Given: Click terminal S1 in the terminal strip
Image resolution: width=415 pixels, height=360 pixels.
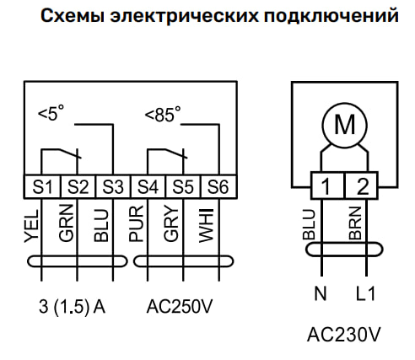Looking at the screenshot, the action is (x=42, y=187).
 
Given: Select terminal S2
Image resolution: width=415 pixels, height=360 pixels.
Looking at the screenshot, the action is (x=78, y=187).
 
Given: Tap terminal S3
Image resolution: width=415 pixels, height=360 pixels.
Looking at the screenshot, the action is (x=113, y=187).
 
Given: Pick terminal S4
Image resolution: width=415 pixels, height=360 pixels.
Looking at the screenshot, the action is (x=148, y=187).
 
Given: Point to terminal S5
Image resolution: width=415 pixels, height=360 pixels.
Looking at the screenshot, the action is (x=183, y=187).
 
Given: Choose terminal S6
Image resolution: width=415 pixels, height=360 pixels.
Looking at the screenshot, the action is (x=218, y=187).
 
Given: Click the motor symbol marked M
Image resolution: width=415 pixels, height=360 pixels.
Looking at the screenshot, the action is (x=344, y=125).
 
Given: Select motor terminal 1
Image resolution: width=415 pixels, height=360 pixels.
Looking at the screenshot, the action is (x=327, y=185).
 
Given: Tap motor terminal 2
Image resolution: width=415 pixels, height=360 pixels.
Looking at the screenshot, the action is (x=361, y=185).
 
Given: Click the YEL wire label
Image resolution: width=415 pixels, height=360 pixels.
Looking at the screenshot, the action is (x=31, y=226).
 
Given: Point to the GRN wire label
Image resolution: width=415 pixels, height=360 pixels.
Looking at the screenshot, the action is (x=67, y=223).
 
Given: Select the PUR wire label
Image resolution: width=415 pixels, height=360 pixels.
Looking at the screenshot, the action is (x=136, y=223).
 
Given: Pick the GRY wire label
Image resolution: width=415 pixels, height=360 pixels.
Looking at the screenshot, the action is (x=171, y=223).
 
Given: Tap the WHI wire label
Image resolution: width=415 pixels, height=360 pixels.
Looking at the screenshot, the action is (x=206, y=226).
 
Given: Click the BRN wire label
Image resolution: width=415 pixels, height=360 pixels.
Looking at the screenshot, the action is (x=355, y=223).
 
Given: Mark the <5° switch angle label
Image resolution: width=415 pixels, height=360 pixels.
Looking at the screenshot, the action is (x=51, y=113).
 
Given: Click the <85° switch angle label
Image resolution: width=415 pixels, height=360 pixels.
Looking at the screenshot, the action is (x=163, y=114).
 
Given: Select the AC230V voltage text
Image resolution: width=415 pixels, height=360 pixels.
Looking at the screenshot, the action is (x=343, y=335).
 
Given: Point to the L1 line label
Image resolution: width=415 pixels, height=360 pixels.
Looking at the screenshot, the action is (x=365, y=294).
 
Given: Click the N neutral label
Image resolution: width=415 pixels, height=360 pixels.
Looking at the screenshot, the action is (x=321, y=294).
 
